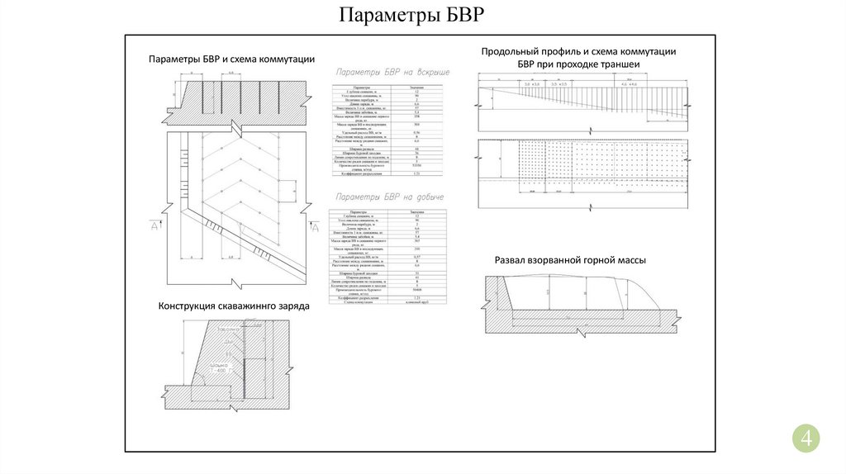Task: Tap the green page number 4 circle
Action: (806, 438)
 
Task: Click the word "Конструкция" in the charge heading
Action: (188, 306)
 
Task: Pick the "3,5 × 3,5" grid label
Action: (559, 85)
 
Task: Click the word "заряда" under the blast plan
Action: (294, 306)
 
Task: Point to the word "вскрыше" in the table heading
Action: (432, 73)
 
